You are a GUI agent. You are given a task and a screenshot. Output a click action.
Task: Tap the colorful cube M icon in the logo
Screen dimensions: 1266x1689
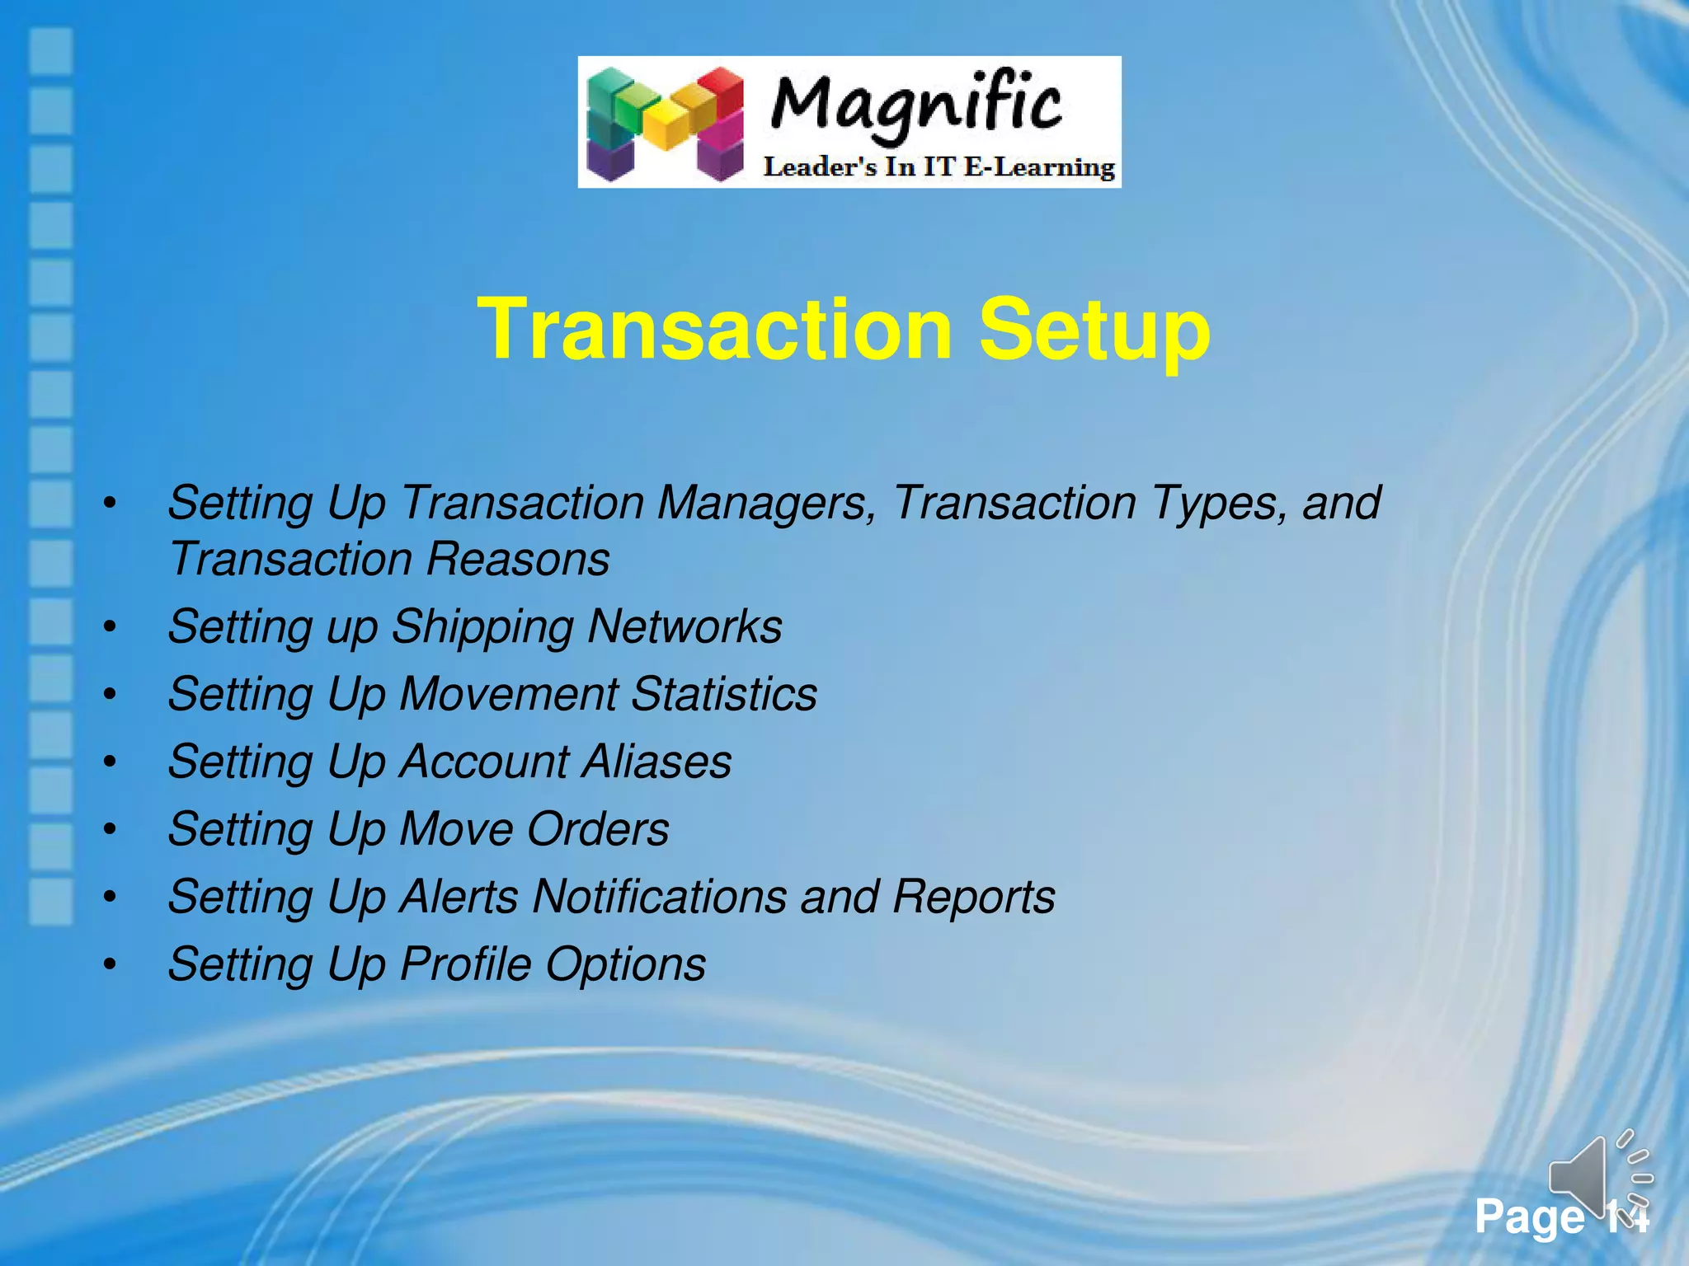665,123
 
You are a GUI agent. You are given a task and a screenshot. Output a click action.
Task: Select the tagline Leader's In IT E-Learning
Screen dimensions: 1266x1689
939,167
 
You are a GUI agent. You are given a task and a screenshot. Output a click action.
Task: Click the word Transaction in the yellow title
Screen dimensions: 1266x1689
714,330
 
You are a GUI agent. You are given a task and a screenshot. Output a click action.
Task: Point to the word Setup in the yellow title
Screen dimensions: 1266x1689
1094,330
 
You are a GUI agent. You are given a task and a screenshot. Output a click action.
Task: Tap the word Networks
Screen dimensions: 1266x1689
685,626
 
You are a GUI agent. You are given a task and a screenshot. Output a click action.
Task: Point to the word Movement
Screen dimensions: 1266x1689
508,694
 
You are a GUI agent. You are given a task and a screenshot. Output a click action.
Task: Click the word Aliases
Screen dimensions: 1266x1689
656,762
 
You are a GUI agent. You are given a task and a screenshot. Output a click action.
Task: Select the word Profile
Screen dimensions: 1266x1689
466,964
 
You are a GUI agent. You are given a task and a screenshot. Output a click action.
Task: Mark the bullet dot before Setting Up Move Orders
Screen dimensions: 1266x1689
110,830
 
